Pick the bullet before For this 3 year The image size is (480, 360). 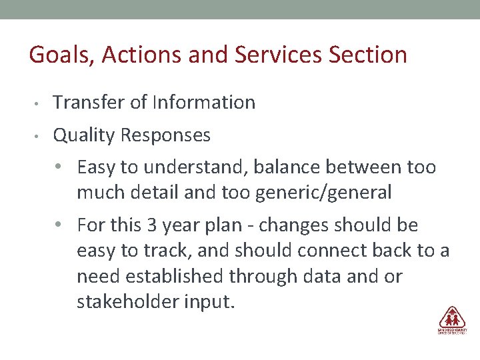61,226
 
